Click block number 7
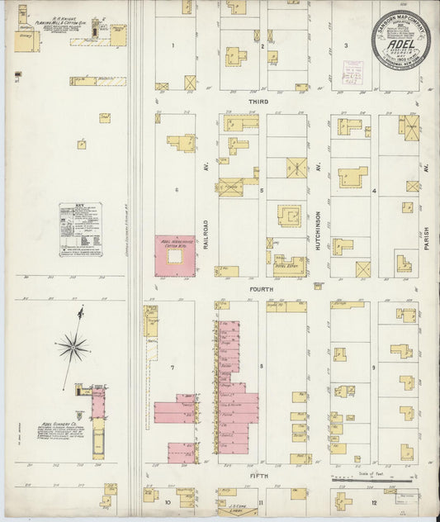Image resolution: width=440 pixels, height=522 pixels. pos(173,366)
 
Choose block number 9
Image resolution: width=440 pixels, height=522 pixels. pos(373,366)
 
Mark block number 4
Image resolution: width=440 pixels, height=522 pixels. pos(373,191)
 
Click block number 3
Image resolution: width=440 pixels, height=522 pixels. pos(346,45)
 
